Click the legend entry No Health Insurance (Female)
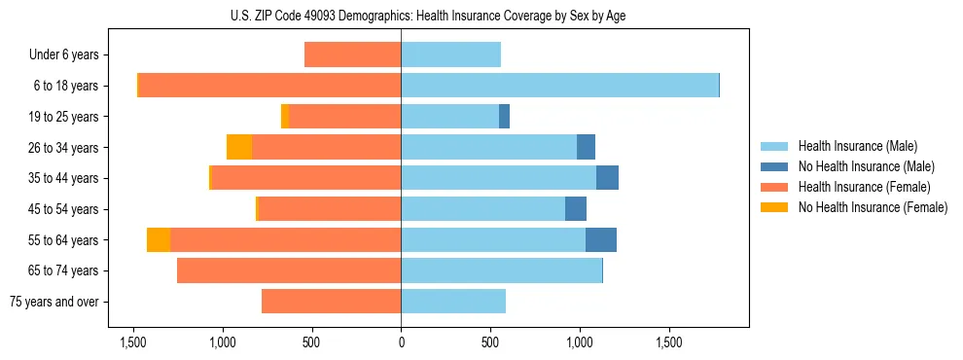873,207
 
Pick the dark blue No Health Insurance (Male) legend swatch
775,166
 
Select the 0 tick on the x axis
401,343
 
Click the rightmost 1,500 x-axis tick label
669,343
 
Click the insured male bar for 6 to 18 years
559,86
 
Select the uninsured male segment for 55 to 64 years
601,239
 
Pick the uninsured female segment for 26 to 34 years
239,147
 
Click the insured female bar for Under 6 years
352,54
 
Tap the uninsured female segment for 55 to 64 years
159,239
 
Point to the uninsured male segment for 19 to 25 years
504,117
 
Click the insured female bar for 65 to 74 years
289,270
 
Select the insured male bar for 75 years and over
453,302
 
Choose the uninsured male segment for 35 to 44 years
607,178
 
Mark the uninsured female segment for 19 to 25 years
285,117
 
